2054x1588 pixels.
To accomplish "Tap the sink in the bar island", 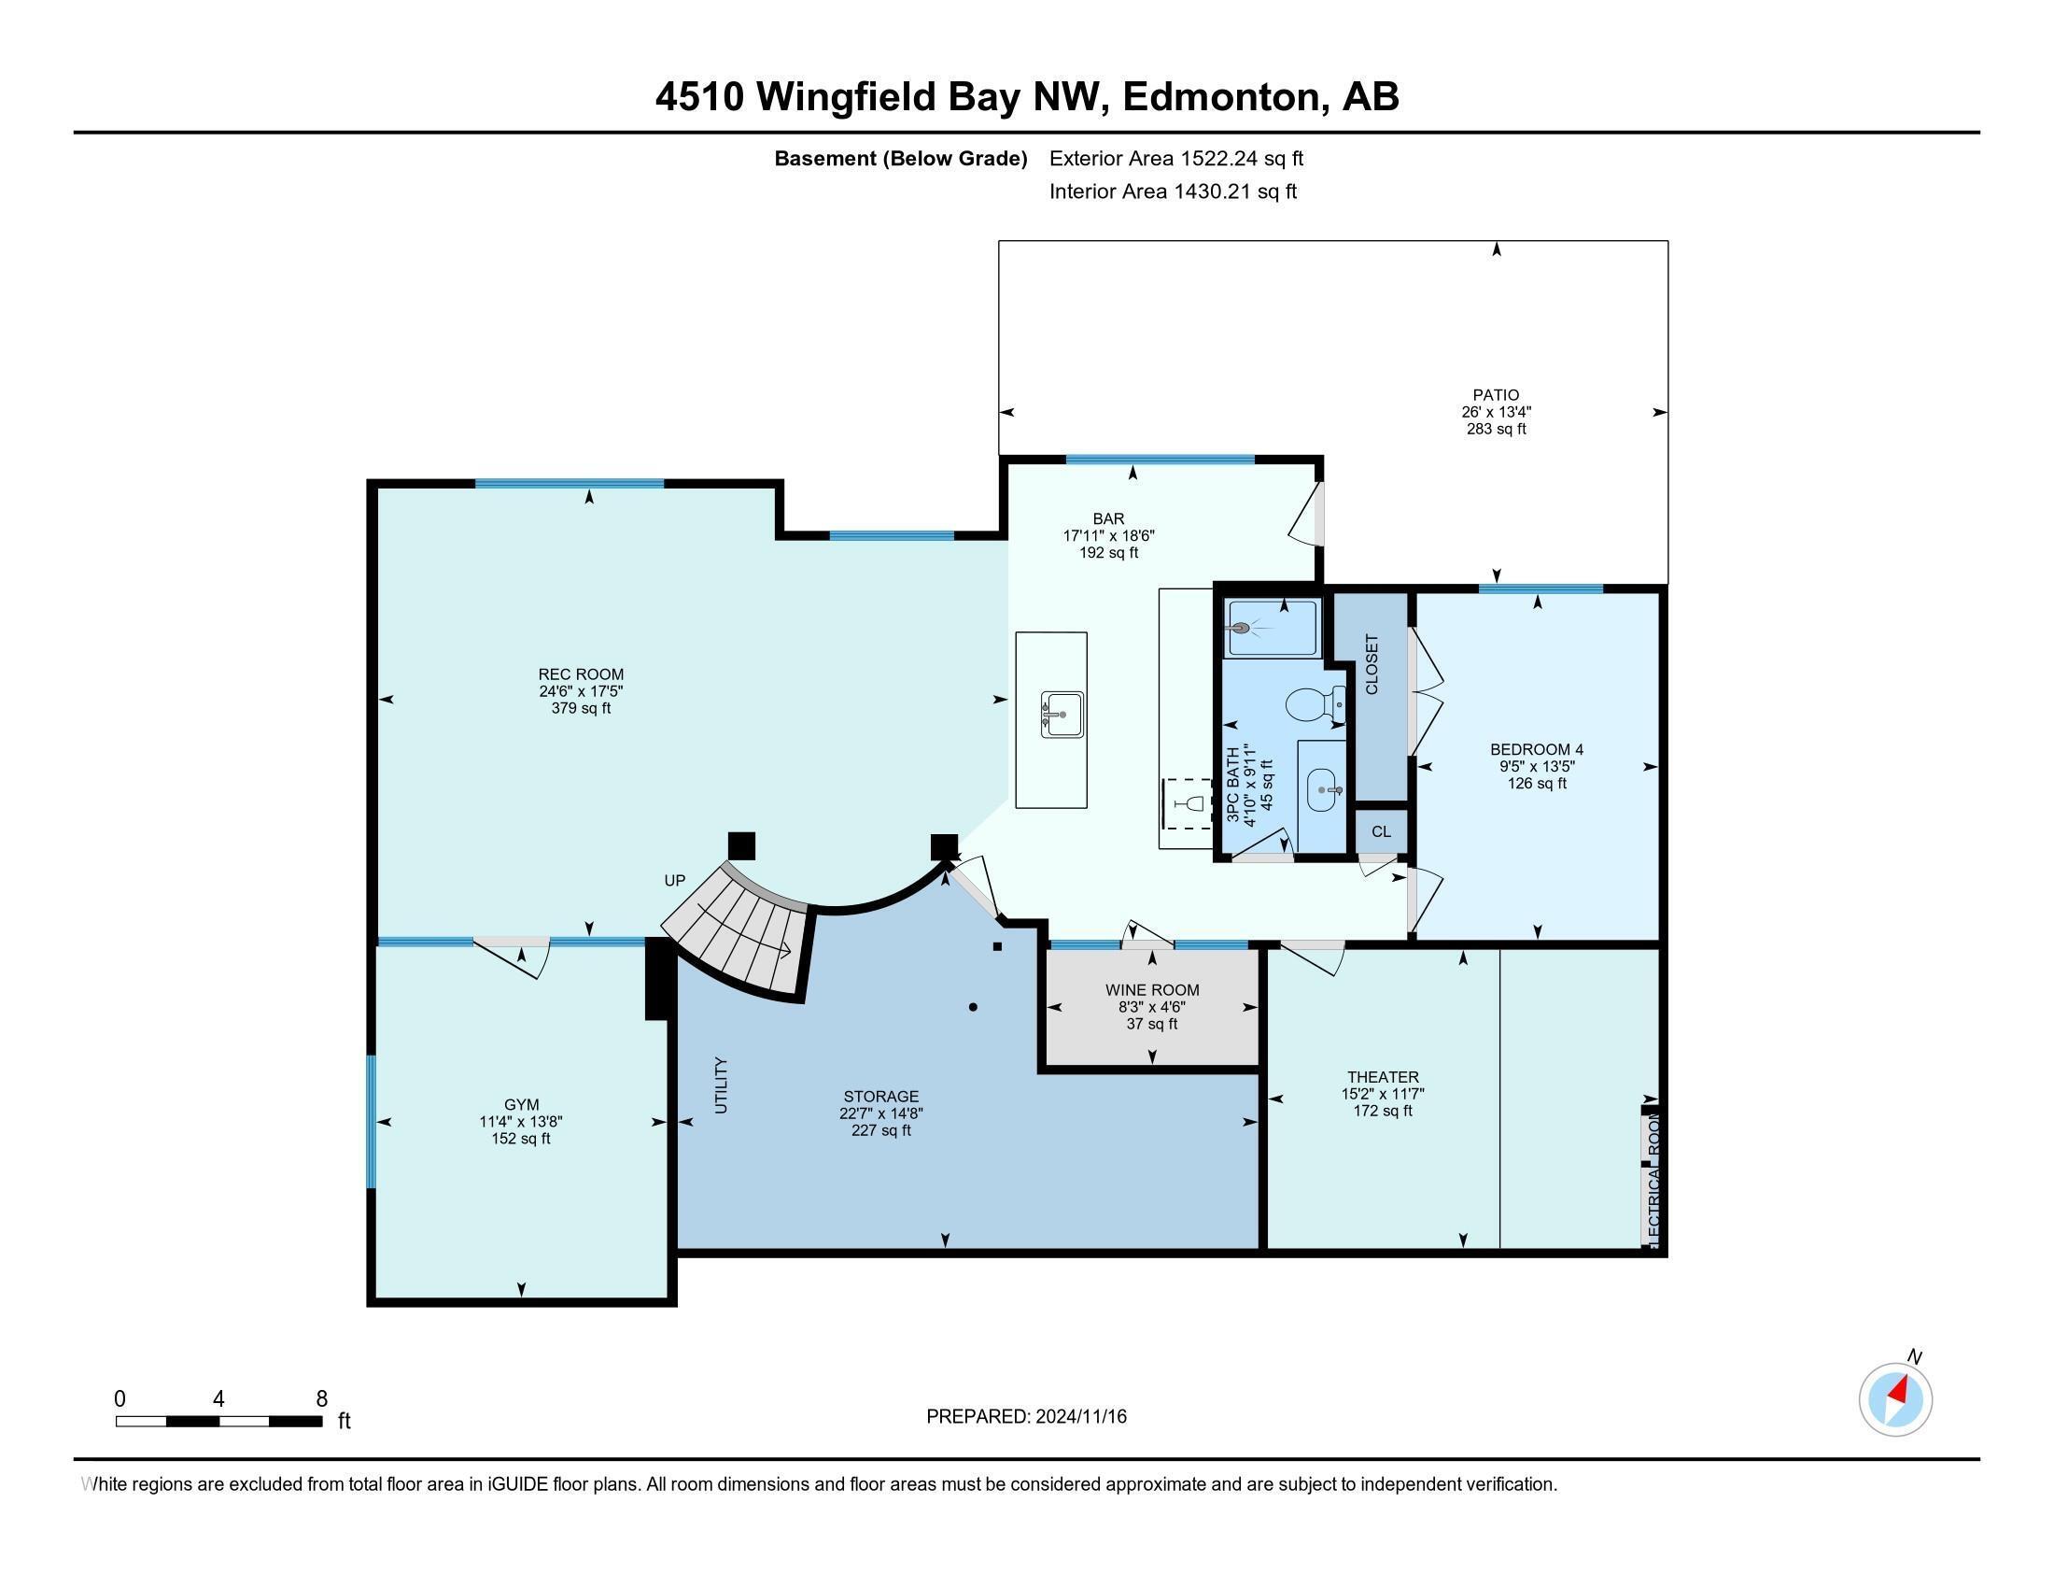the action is click(x=1062, y=716).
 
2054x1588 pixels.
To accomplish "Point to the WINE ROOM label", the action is click(x=1152, y=989).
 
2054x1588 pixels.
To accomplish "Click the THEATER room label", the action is click(x=1383, y=1077).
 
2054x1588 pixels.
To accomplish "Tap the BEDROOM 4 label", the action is click(x=1537, y=750).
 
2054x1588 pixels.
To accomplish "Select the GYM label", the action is click(x=521, y=1104).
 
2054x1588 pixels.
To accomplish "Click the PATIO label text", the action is click(x=1497, y=395).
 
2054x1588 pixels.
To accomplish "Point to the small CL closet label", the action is click(x=1381, y=831).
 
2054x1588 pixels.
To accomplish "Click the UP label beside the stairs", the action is click(x=674, y=882).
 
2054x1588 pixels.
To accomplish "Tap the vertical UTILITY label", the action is click(x=722, y=1085).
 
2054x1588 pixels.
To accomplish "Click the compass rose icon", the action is click(x=1895, y=1400).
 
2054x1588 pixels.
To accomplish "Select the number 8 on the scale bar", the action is click(x=322, y=1399).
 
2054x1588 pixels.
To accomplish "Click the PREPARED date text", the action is click(x=1026, y=1417).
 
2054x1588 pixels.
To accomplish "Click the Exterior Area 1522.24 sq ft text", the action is click(x=1176, y=159).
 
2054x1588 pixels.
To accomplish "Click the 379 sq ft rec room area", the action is click(x=581, y=708).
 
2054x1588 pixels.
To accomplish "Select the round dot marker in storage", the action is click(x=974, y=1008).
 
